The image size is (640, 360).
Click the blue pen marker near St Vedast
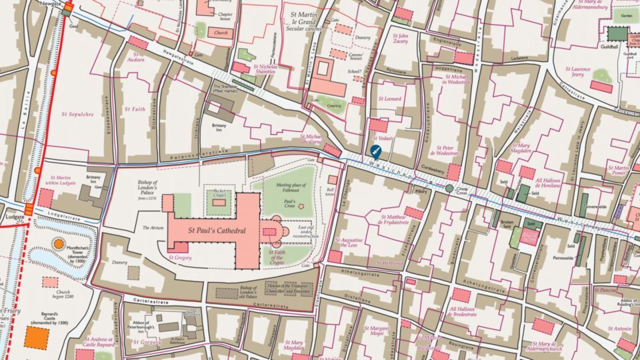(375, 151)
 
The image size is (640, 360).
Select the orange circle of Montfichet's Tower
(59, 244)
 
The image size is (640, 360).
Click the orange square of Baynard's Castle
(36, 337)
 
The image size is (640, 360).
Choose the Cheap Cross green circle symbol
(449, 189)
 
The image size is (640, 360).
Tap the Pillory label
(421, 191)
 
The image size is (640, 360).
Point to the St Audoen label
(135, 57)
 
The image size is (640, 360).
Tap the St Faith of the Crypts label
(277, 257)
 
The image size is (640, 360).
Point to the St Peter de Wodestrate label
(447, 151)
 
